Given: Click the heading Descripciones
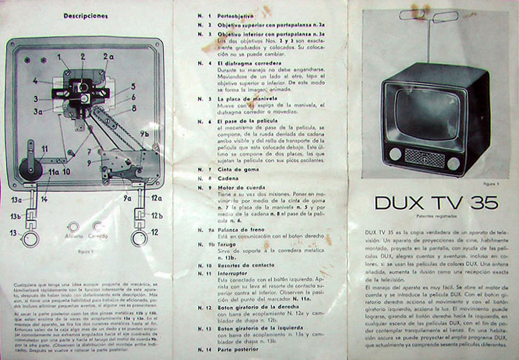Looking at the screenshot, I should pos(86,15).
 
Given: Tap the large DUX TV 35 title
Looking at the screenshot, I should pos(436,202).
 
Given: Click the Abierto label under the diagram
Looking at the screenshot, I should pos(73,237).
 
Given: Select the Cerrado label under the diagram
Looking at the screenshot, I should pos(98,237).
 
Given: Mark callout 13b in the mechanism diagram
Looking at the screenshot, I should pos(14,216).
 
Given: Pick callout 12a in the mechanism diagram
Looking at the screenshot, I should pos(157,198).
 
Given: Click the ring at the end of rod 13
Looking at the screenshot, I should pos(30,238).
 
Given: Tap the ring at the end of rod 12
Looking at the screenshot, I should pos(139,238).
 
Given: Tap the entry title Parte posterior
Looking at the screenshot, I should pos(238,350).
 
